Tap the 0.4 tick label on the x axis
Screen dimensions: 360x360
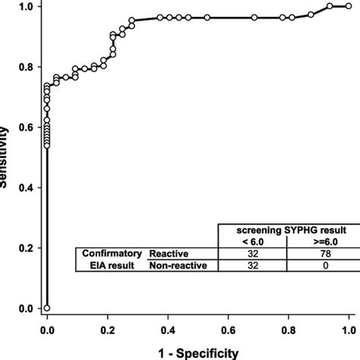point(168,332)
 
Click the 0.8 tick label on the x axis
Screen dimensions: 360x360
point(289,332)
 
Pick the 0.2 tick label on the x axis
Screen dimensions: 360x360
point(107,332)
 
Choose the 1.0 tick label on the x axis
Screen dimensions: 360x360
point(349,332)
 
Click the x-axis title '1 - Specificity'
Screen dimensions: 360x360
point(197,352)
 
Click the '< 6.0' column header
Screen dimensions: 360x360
point(252,242)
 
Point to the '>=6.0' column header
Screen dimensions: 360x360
point(322,242)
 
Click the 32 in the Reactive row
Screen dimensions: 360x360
point(252,254)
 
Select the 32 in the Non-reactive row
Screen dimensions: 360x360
point(252,266)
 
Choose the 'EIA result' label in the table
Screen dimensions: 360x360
point(111,266)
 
